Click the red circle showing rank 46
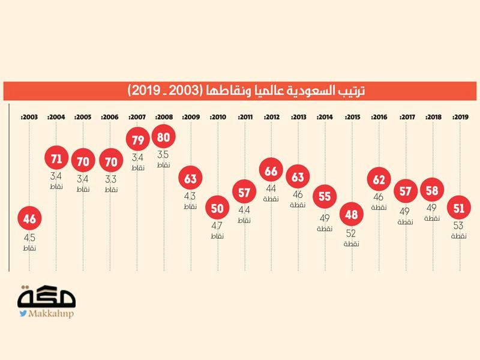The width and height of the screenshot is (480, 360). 29,219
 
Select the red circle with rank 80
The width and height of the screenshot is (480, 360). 164,136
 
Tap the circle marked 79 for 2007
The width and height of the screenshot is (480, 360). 137,140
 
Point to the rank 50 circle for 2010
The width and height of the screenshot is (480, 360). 217,208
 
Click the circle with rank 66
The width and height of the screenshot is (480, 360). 271,172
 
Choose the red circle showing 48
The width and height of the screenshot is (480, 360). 352,214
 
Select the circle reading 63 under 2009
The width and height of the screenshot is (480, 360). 190,178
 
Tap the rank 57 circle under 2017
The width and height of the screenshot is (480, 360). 406,191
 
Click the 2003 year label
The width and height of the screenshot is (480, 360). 29,117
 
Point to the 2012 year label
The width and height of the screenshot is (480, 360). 271,117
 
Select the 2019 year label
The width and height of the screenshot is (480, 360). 460,117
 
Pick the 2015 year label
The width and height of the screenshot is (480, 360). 352,117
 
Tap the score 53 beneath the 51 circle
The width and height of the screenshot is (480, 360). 460,226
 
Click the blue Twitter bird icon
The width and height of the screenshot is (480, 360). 23,313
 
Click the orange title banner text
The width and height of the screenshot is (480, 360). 247,91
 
